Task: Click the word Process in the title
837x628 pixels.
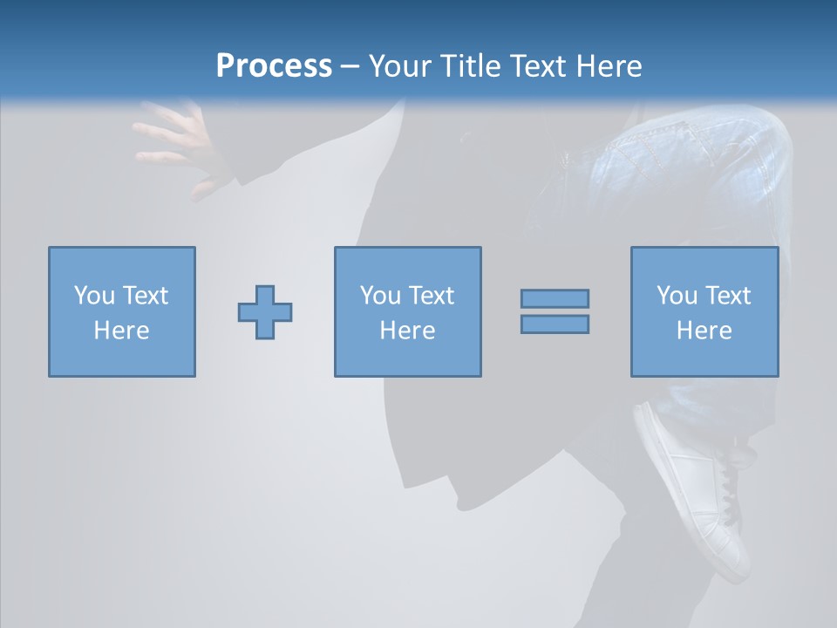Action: click(x=274, y=66)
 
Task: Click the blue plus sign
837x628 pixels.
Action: click(x=265, y=312)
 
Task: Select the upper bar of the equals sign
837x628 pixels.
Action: click(x=555, y=298)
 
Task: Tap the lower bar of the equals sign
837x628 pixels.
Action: click(x=555, y=324)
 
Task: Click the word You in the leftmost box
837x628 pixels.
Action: click(x=93, y=296)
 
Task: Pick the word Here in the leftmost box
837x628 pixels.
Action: click(x=121, y=331)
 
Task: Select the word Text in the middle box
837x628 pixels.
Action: click(x=431, y=296)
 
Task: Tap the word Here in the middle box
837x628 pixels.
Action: click(x=407, y=331)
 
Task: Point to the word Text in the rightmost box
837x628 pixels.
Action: click(x=727, y=296)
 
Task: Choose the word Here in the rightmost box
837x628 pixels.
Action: click(x=704, y=331)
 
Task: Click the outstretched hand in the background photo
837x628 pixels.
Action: click(x=179, y=144)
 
